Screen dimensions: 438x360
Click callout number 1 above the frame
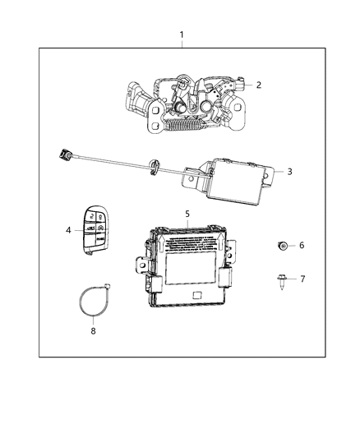tap(182, 36)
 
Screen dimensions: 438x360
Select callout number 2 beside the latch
tap(258, 85)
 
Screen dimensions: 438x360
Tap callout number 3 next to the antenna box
tap(288, 172)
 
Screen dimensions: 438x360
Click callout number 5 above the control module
tap(187, 214)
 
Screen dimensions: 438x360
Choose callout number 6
tap(301, 245)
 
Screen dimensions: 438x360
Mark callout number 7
tap(301, 279)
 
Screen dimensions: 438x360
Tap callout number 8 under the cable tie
tap(92, 331)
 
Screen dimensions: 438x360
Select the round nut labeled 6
tap(281, 245)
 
